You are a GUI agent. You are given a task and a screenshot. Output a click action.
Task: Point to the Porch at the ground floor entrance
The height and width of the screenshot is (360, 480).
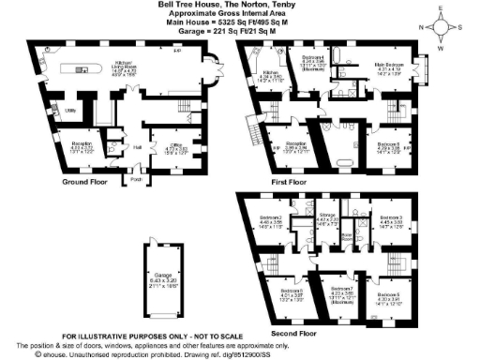(x=134, y=179)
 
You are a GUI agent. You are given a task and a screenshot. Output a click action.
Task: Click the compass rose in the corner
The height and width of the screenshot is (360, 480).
(x=454, y=22)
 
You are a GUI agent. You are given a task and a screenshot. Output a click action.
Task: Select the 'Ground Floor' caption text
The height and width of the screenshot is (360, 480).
(x=89, y=182)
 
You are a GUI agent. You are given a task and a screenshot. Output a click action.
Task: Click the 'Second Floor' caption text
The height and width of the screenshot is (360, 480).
(x=293, y=332)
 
